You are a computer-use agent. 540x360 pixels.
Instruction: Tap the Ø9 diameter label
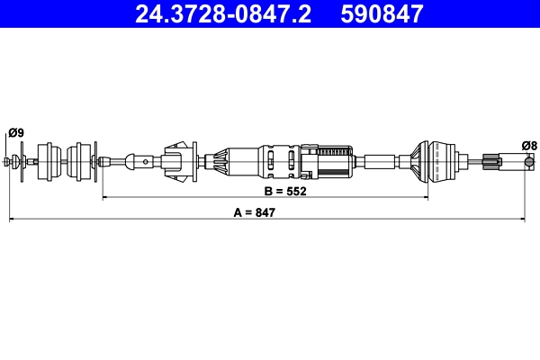click(x=15, y=133)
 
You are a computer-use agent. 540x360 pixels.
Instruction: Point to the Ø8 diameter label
click(x=529, y=144)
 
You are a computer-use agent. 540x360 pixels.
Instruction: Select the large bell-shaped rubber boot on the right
click(x=430, y=161)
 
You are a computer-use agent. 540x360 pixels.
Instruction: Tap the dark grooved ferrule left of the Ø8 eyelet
click(x=490, y=162)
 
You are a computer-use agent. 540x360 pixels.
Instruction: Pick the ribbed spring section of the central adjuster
click(x=335, y=161)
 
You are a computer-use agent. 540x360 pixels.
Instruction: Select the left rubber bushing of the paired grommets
click(x=52, y=161)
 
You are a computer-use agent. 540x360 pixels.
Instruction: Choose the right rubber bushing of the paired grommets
click(x=85, y=161)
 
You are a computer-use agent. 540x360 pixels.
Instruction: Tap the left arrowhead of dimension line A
click(x=12, y=219)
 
